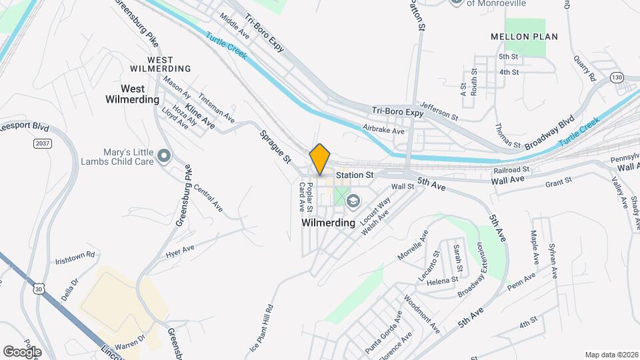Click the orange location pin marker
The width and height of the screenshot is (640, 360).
click(320, 159)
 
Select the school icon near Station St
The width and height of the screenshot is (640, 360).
click(353, 200)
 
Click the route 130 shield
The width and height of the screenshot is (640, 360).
click(617, 78)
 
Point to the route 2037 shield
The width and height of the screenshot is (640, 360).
click(42, 143)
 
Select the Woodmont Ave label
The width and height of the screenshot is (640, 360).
click(423, 315)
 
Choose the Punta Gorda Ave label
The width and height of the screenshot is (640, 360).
click(383, 332)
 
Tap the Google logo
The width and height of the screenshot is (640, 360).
click(22, 352)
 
